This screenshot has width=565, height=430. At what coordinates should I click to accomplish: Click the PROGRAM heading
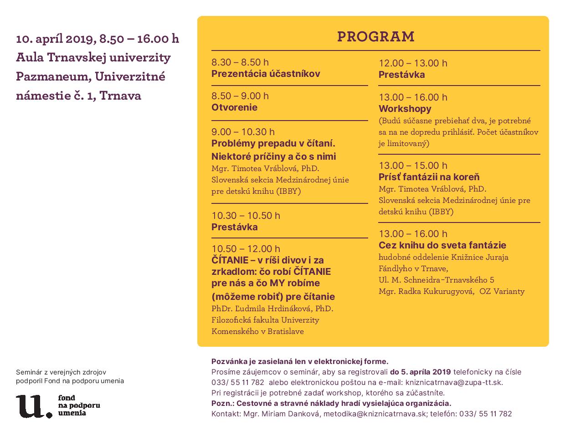tap(375, 36)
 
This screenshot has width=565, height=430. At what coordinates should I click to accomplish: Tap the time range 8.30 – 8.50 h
tap(240, 62)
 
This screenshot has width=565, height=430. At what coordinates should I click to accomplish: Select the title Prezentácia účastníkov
tap(266, 74)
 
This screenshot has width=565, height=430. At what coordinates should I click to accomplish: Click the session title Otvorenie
tap(234, 107)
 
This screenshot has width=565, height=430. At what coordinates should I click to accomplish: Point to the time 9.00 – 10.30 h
tap(243, 132)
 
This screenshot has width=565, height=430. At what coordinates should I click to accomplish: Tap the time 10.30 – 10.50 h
tap(246, 215)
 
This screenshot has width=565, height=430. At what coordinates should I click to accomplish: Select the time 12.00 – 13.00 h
tap(413, 63)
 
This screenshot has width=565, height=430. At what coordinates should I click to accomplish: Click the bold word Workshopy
tap(405, 109)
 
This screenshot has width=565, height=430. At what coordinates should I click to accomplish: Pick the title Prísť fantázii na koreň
tap(429, 177)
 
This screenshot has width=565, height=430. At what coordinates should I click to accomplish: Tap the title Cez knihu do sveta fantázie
tap(442, 245)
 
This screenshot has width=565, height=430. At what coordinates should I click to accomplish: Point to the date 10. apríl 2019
tap(55, 39)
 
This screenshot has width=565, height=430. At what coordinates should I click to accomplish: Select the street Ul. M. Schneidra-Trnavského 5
tap(436, 280)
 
